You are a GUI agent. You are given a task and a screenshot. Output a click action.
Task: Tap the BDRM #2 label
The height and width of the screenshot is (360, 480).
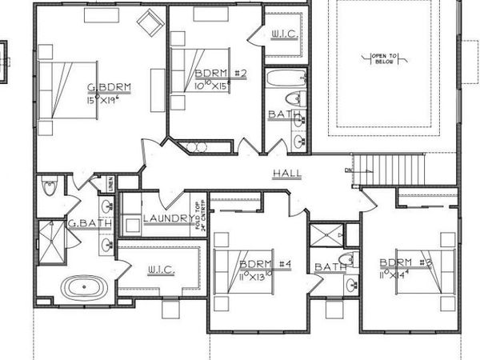click(220, 73)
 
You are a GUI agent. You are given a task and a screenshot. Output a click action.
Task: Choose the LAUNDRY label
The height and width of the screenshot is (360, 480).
click(165, 218)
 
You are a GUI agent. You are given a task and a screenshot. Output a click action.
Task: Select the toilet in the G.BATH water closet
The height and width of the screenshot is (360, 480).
click(50, 187)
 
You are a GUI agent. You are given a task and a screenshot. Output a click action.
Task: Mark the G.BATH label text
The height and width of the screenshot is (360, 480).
click(82, 224)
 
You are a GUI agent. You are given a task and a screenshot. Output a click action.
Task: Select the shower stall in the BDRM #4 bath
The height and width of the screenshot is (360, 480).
click(325, 235)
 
